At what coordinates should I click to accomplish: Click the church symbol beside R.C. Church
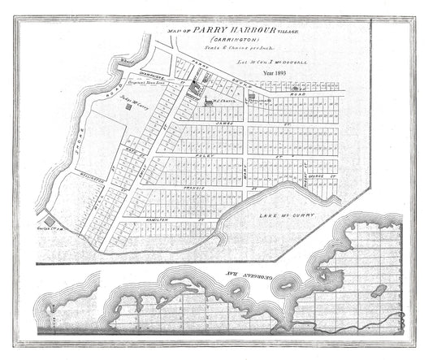[x=209, y=102]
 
